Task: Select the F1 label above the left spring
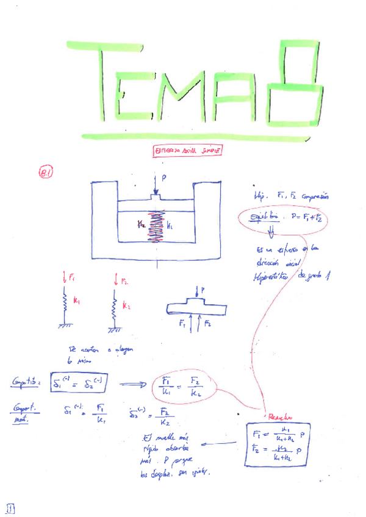[x=72, y=279]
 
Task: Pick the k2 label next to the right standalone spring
[x=126, y=305]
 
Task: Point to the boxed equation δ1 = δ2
[x=79, y=382]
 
